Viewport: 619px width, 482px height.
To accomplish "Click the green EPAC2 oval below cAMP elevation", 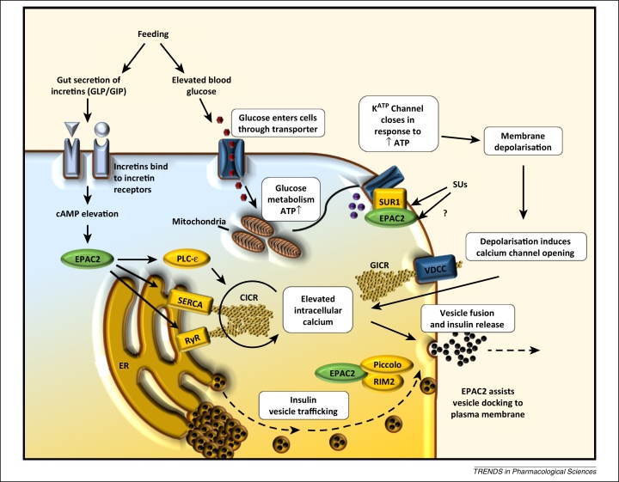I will point(87,257).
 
